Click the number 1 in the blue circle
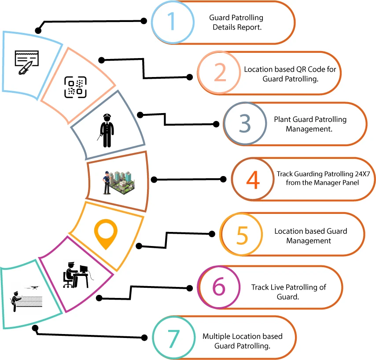pyautogui.click(x=172, y=22)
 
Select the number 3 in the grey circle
pyautogui.click(x=244, y=124)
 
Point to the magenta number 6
pyautogui.click(x=219, y=287)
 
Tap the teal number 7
pyautogui.click(x=173, y=338)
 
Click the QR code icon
pyautogui.click(x=75, y=87)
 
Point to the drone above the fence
pyautogui.click(x=33, y=288)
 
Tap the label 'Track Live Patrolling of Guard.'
pyautogui.click(x=288, y=292)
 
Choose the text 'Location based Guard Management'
pyautogui.click(x=310, y=235)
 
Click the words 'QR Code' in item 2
pyautogui.click(x=314, y=70)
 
